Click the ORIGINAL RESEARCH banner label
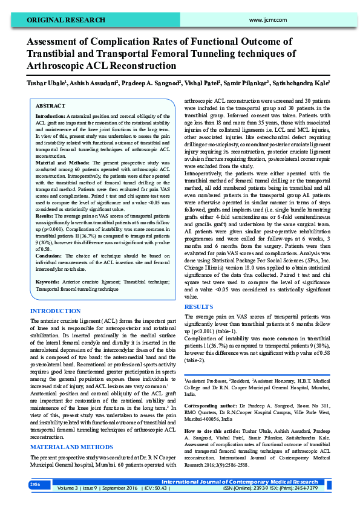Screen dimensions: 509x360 point(61,20)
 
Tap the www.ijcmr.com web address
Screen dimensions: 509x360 point(267,20)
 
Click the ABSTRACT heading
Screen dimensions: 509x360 point(51,105)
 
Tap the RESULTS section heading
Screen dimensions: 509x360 point(198,307)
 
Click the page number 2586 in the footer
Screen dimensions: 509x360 point(35,484)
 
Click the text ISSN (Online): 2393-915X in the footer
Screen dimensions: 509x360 point(253,487)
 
